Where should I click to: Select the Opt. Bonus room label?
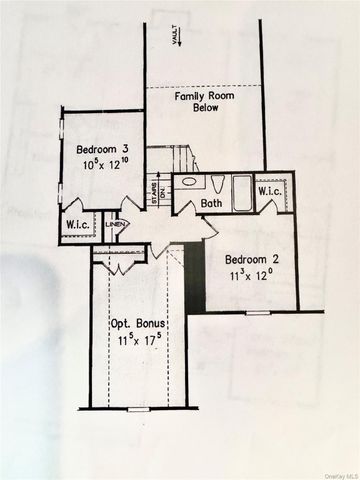tap(139, 325)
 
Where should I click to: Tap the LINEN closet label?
tap(115, 225)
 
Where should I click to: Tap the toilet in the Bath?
tap(216, 182)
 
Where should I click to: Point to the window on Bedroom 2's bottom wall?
tap(257, 313)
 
